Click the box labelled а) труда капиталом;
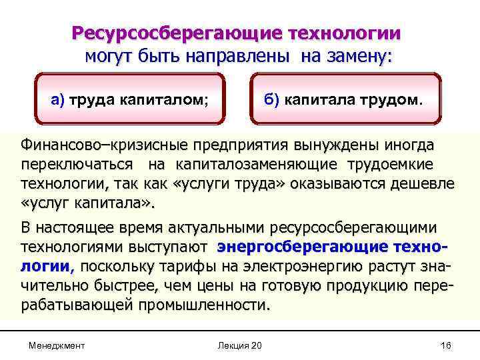(x=131, y=100)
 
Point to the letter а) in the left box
(x=57, y=100)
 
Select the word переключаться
(x=73, y=165)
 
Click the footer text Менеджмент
(x=57, y=345)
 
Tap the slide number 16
(x=447, y=345)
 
